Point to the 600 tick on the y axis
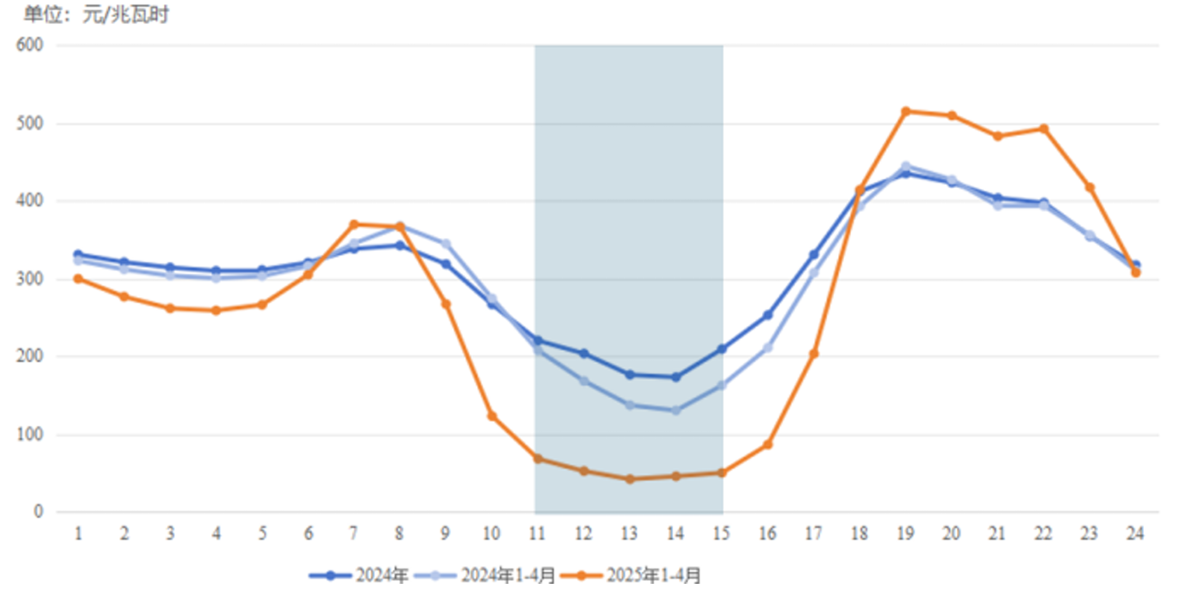coord(32,45)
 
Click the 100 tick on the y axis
coord(32,435)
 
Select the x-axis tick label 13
coord(629,534)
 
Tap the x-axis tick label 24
coord(1135,534)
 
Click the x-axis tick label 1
coord(78,534)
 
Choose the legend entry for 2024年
coord(359,576)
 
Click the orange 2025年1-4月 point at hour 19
coord(906,111)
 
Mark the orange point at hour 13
coord(630,479)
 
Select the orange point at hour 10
coord(492,417)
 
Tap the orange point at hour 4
coord(216,310)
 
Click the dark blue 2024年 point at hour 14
coord(676,377)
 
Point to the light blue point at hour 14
coord(676,410)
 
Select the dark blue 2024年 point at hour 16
coord(767,315)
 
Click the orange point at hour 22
coord(1044,128)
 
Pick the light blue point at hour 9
coord(446,244)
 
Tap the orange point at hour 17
coord(814,354)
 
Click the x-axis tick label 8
coord(399,534)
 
